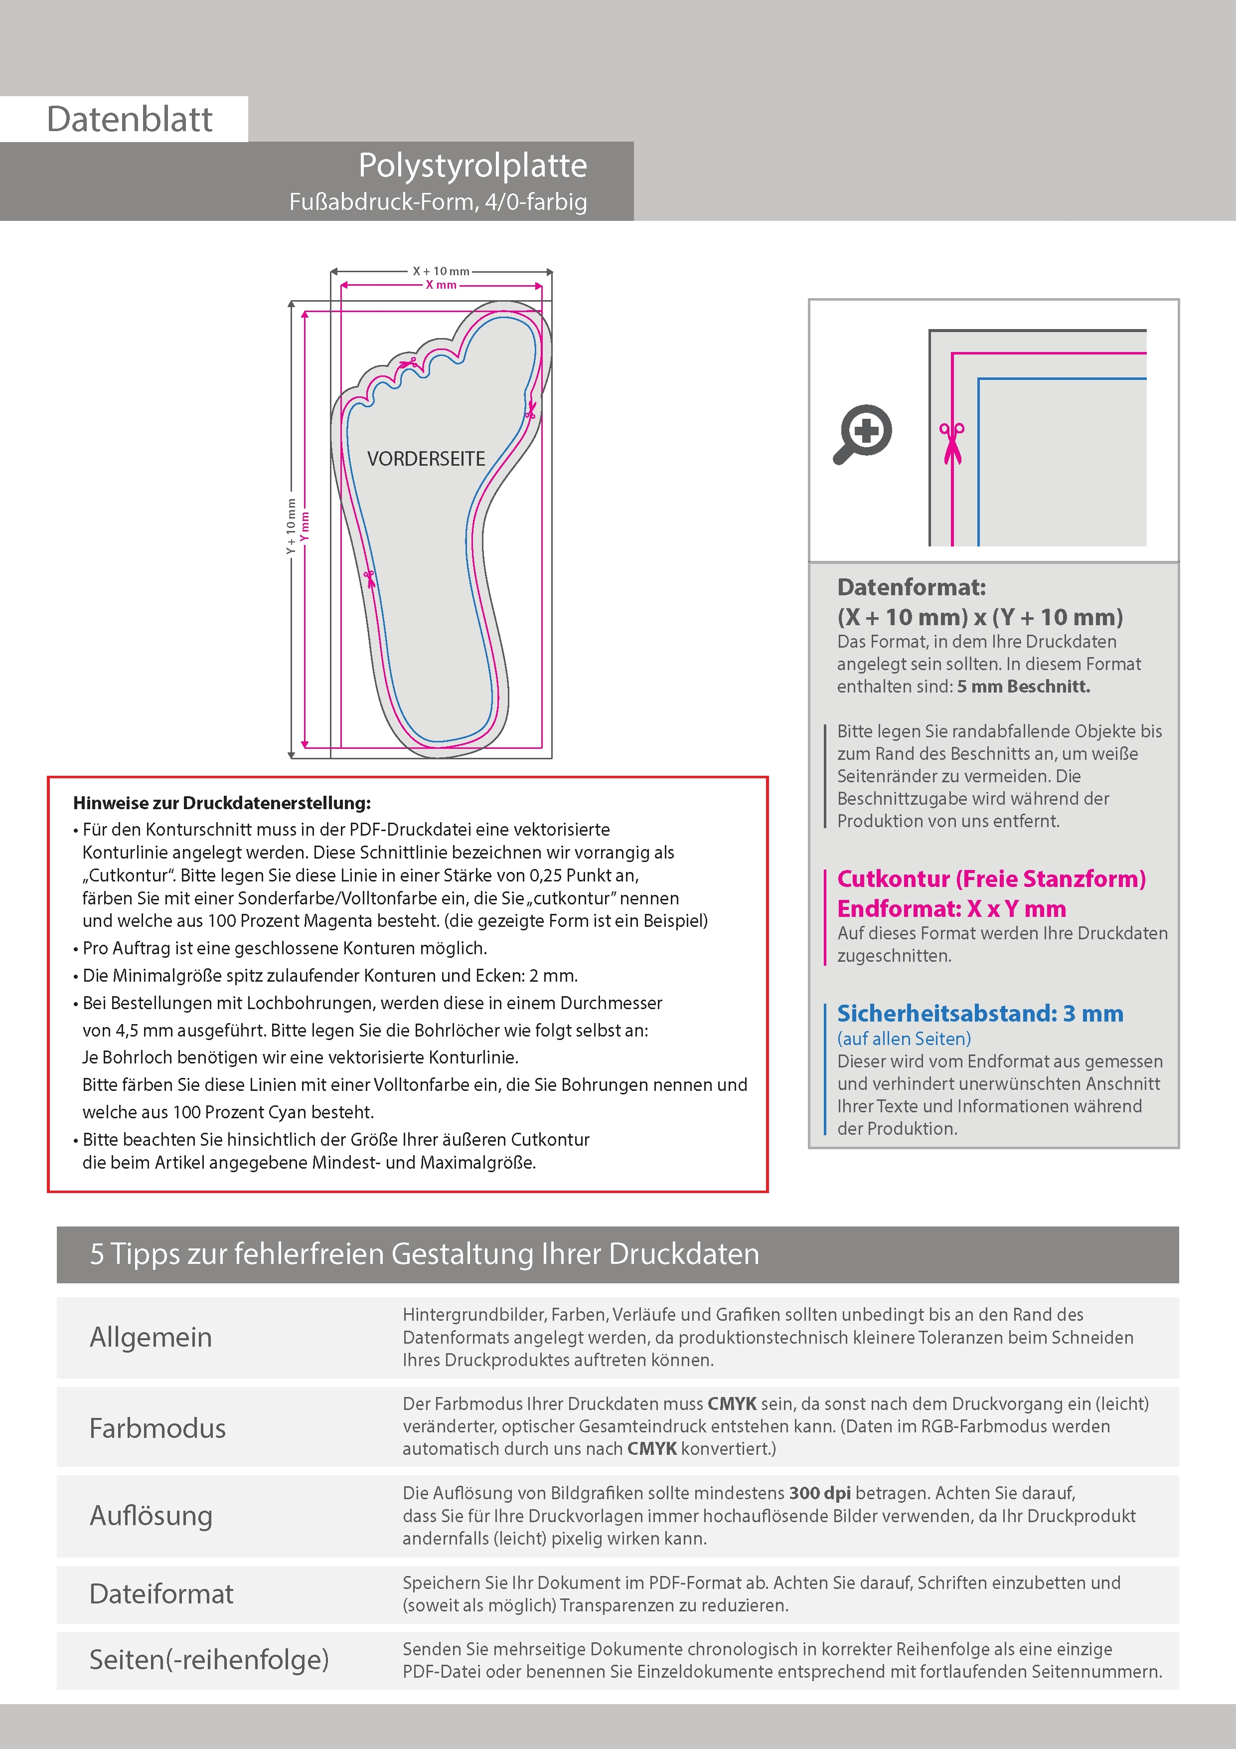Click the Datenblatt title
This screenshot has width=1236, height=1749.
pyautogui.click(x=130, y=120)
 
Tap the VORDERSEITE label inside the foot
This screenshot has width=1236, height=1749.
pyautogui.click(x=426, y=459)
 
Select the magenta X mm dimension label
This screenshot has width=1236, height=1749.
pyautogui.click(x=441, y=285)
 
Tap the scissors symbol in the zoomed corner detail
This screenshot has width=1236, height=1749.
pyautogui.click(x=951, y=442)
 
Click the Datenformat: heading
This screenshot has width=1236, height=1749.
pyautogui.click(x=911, y=587)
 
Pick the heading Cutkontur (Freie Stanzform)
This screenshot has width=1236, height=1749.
pyautogui.click(x=991, y=878)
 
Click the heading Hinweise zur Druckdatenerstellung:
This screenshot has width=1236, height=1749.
pyautogui.click(x=222, y=803)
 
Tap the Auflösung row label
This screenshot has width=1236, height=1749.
pyautogui.click(x=151, y=1515)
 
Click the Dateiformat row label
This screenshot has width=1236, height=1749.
pyautogui.click(x=161, y=1593)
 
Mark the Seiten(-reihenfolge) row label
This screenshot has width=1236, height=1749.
pyautogui.click(x=209, y=1659)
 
